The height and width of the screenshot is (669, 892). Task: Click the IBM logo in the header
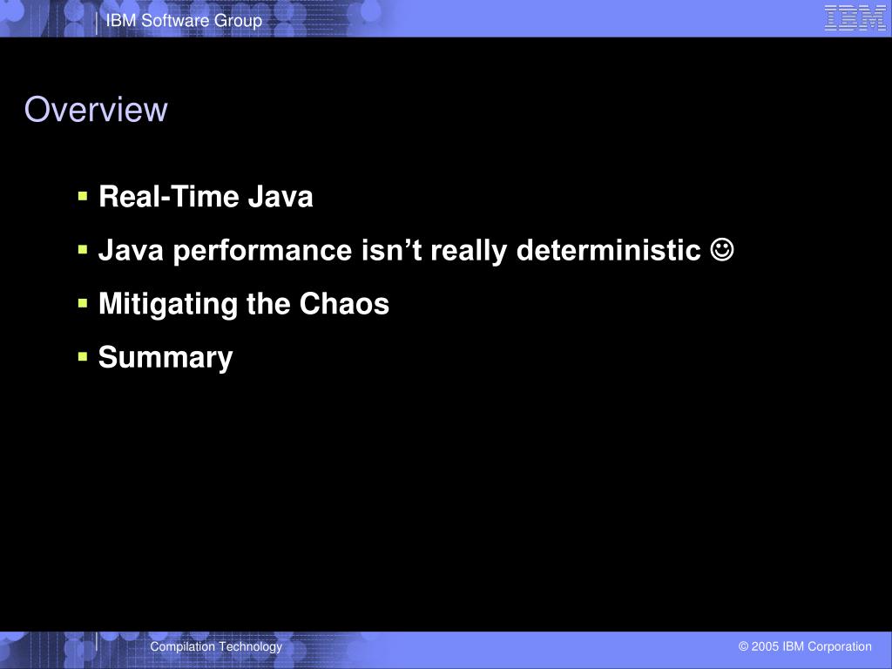pos(855,18)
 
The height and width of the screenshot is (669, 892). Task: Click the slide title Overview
pos(96,110)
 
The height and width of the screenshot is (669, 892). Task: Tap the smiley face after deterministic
pos(721,251)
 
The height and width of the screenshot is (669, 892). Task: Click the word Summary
pos(166,357)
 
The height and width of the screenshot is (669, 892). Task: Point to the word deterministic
pos(608,251)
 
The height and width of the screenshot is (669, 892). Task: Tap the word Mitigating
pos(159,304)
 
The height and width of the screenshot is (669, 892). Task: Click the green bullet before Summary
pos(83,356)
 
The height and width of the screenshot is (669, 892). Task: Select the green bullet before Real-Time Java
pos(83,197)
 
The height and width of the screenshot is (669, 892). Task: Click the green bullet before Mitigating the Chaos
pos(83,303)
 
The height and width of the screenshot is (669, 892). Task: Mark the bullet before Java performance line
pos(83,250)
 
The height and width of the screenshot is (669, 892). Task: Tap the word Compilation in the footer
pos(182,646)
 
